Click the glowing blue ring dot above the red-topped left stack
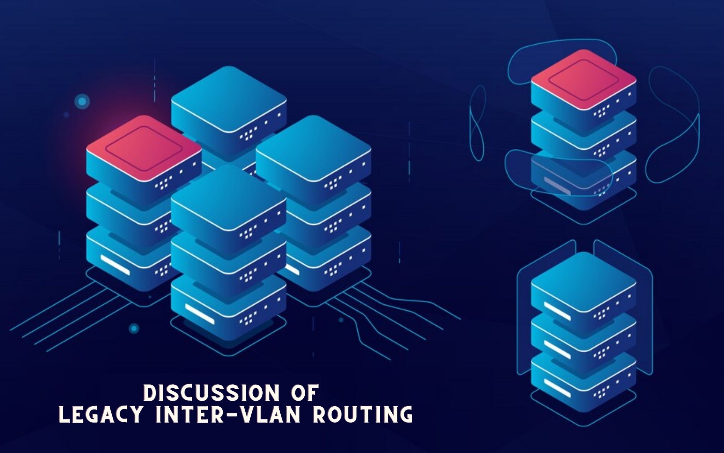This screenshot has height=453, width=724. (82, 102)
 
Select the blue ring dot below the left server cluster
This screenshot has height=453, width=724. (134, 328)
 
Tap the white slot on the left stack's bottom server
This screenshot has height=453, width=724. (115, 264)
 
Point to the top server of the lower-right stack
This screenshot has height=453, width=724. (583, 283)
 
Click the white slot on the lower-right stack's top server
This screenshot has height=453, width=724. (557, 308)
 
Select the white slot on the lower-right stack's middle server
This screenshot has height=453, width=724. (557, 345)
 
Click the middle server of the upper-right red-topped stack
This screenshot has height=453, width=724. (583, 133)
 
